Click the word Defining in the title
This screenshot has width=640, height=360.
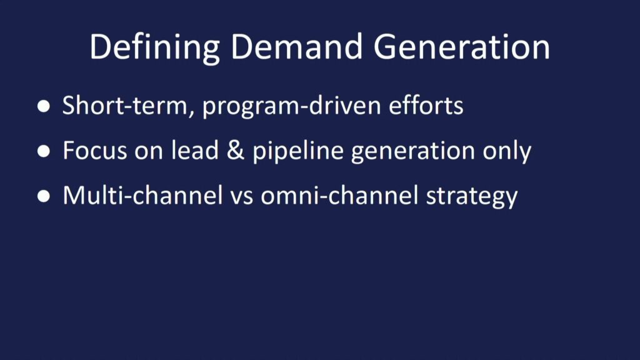point(155,47)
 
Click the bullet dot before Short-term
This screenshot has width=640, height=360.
point(44,106)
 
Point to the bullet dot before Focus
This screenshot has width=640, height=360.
point(44,151)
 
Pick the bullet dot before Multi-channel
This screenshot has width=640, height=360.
point(44,196)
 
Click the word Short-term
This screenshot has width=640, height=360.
point(125,105)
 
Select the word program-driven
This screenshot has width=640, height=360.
point(292,106)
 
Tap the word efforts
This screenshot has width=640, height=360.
point(426,105)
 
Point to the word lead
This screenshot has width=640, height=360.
point(195,149)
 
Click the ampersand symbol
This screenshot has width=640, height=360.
point(236,150)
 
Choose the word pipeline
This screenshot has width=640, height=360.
point(298,151)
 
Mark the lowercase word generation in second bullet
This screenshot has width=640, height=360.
point(413,152)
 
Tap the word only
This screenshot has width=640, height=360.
point(507,151)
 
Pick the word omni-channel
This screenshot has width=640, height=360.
point(339,195)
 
